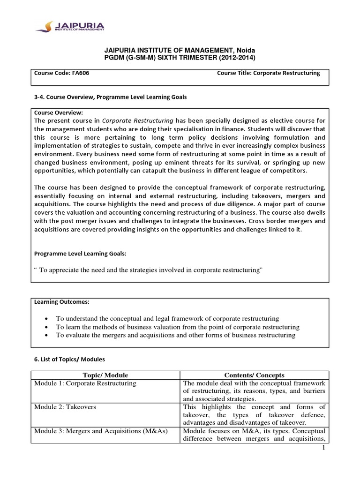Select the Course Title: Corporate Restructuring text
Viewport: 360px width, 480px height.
click(268, 73)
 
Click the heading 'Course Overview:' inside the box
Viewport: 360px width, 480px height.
click(58, 113)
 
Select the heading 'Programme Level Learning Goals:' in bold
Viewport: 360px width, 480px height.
click(80, 254)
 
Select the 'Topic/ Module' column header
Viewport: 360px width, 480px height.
click(105, 375)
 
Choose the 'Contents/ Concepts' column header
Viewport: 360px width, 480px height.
click(254, 375)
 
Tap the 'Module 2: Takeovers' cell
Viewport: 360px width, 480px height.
click(65, 407)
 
